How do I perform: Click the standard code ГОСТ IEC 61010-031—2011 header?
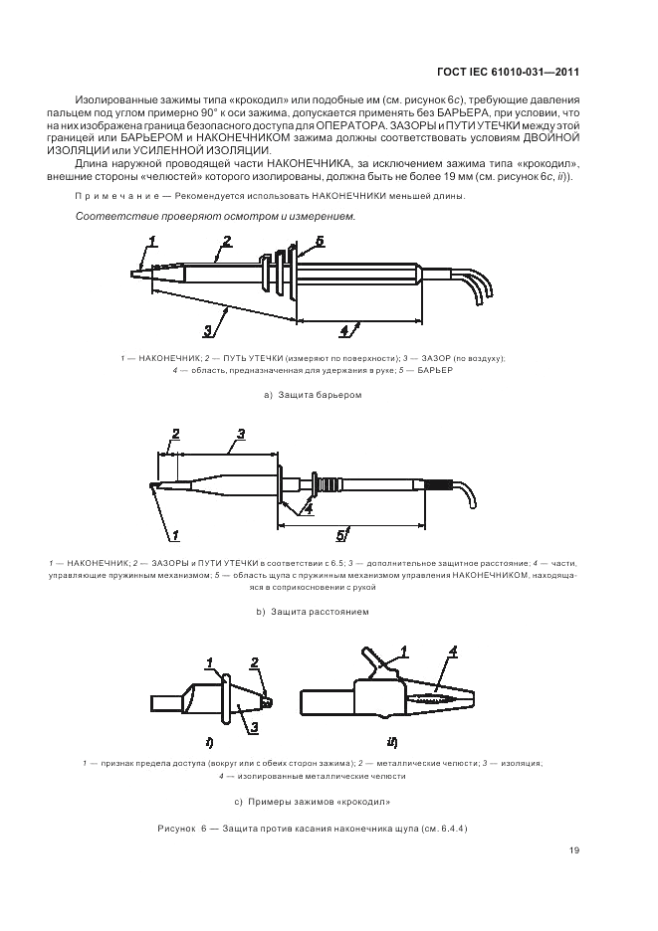[x=509, y=71]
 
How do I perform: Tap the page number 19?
[x=574, y=849]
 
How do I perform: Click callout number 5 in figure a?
[x=319, y=242]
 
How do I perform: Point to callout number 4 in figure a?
[x=344, y=329]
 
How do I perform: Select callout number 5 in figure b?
[x=339, y=535]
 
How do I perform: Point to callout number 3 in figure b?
[x=241, y=434]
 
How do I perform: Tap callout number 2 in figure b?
[x=175, y=434]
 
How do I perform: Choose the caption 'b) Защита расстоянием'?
[x=312, y=611]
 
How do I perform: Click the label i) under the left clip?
[x=211, y=741]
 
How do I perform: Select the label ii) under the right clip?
[x=392, y=741]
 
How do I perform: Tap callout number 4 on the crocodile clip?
[x=453, y=652]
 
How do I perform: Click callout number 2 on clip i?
[x=255, y=662]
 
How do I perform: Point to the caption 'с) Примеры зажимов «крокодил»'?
[x=312, y=801]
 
